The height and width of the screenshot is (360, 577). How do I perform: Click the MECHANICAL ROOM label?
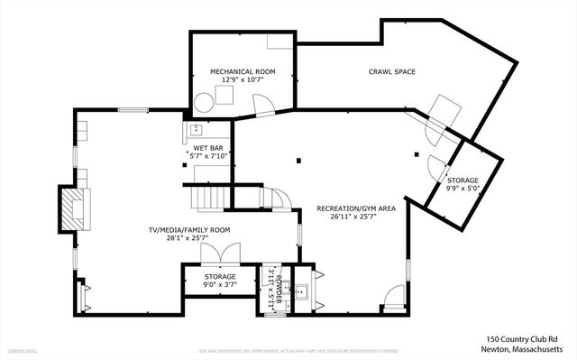(x=243, y=71)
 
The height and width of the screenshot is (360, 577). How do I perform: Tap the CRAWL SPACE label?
(x=391, y=71)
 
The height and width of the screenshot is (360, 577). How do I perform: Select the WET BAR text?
(x=207, y=148)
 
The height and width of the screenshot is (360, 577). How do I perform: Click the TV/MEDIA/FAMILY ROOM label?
(x=189, y=230)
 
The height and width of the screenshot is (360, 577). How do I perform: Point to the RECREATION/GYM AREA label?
(x=356, y=208)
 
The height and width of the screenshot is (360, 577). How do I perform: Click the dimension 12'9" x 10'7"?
(x=243, y=80)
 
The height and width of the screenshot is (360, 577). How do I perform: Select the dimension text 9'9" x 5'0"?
(x=463, y=189)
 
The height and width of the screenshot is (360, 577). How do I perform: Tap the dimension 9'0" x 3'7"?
(x=219, y=285)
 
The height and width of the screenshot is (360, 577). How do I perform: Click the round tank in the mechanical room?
(x=205, y=100)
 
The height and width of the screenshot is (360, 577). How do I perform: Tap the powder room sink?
(x=301, y=291)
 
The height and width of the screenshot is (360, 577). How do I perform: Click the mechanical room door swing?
(x=264, y=106)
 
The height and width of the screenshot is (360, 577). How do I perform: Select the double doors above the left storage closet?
(x=214, y=255)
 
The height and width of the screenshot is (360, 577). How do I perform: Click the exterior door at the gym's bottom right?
(x=394, y=297)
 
